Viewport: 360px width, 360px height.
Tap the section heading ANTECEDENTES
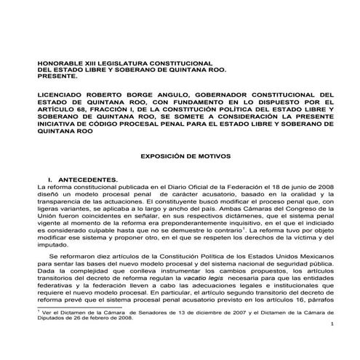[x=86, y=180]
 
